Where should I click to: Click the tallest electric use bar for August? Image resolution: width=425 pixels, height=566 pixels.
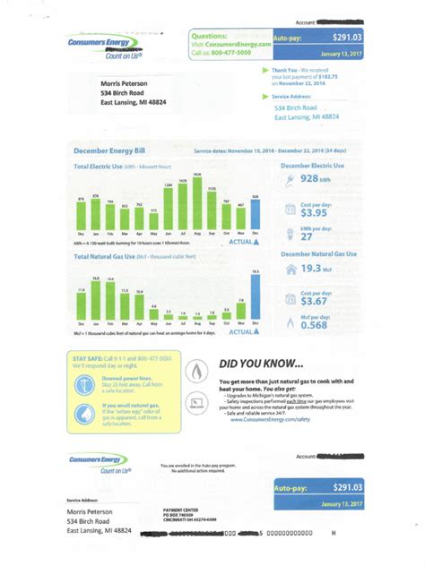tap(196, 203)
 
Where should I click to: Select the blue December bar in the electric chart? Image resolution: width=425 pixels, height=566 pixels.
tap(255, 214)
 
